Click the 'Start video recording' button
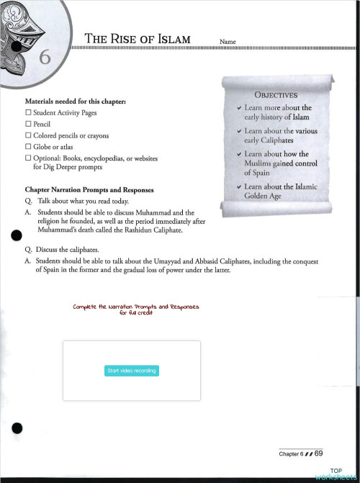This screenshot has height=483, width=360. point(132,371)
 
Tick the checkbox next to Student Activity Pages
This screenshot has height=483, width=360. point(28,114)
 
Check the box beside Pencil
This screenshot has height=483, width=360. point(28,125)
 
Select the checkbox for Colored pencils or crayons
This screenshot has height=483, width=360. point(28,135)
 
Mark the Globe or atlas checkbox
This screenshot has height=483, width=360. point(28,146)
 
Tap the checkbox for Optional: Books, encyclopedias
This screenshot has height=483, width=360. point(28,157)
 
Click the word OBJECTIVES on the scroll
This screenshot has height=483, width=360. point(275,94)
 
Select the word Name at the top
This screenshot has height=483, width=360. point(228,42)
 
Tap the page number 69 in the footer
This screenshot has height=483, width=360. point(318,453)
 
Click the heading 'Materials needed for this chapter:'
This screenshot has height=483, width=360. point(76,102)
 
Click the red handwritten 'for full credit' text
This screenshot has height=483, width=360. point(135,312)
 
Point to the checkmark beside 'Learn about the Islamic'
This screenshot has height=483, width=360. point(238,187)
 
